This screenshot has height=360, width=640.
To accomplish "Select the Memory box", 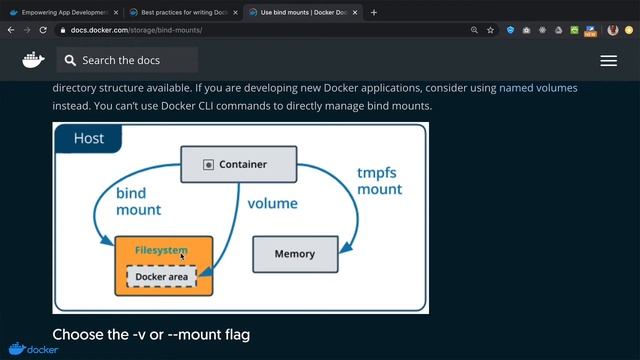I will [x=294, y=254].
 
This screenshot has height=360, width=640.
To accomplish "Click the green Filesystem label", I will [x=161, y=249].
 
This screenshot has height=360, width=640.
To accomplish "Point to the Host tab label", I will [x=88, y=138].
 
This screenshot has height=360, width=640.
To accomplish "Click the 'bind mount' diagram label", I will [x=138, y=201].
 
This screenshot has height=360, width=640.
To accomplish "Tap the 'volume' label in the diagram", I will [x=272, y=203].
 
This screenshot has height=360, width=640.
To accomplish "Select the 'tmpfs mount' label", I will [x=379, y=180].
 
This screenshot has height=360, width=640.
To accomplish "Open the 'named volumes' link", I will [x=538, y=88].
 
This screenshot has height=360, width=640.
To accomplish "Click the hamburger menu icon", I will [x=608, y=61].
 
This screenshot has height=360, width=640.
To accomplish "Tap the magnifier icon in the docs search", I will [x=70, y=61].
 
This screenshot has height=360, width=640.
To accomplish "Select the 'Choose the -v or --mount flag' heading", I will [x=151, y=334].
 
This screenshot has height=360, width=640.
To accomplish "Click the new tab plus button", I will [x=374, y=13].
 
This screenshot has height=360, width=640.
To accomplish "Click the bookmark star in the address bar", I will [x=490, y=30].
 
